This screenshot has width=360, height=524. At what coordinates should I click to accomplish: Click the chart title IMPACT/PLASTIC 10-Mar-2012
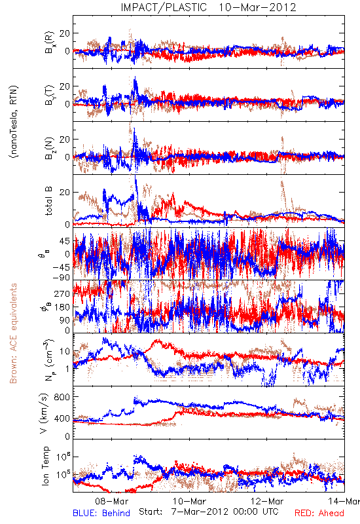coord(208,7)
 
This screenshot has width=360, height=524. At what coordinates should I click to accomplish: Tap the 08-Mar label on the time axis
coord(111,501)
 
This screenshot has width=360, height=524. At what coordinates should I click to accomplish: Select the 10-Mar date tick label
coord(190,501)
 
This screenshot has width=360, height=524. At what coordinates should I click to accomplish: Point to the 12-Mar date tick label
coord(267,501)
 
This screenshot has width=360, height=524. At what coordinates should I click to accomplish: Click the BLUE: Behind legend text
coord(101,513)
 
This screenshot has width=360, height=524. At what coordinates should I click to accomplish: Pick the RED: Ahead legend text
coord(319,513)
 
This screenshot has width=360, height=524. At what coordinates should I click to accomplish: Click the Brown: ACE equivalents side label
coord(13,333)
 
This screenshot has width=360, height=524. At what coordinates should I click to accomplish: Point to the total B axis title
coord(48,200)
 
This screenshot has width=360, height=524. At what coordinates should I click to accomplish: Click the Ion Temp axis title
coord(45,466)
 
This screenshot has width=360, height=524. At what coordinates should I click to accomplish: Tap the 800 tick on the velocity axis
coord(62,397)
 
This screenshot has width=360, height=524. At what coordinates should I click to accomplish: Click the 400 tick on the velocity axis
coord(62,419)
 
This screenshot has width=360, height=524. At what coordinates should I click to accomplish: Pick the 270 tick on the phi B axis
coord(62,293)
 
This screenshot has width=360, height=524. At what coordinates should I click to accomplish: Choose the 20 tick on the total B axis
coord(65,193)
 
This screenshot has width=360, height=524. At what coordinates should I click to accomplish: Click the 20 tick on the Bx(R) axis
coord(65,33)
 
